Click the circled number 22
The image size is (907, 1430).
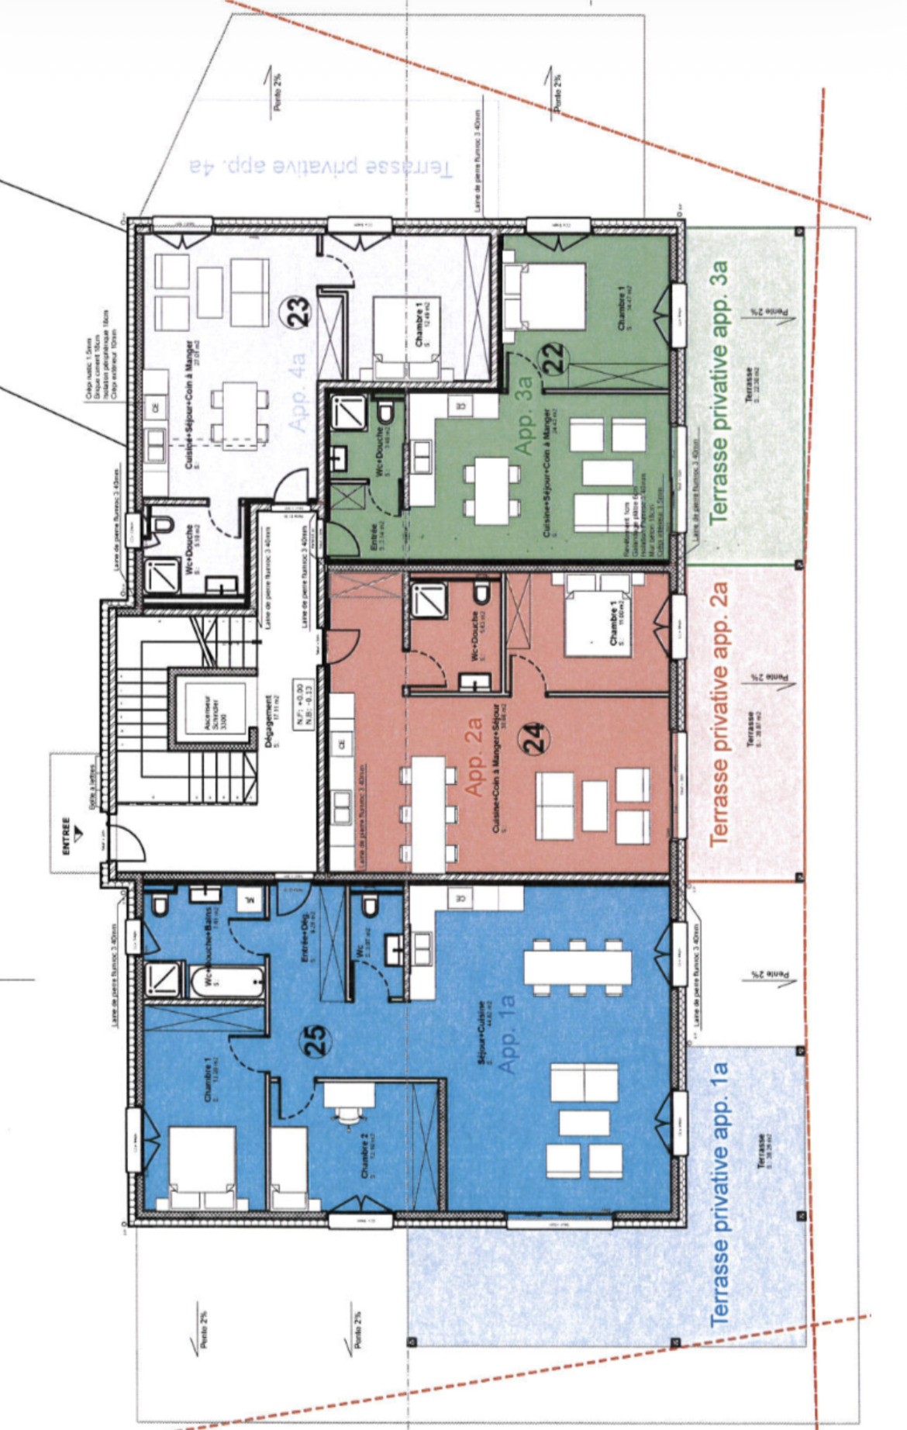pos(555,358)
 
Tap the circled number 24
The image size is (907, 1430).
pos(536,738)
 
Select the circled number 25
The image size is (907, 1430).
pos(318,1041)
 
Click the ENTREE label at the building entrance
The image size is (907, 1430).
pos(66,836)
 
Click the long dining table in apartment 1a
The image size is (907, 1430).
pos(578,966)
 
